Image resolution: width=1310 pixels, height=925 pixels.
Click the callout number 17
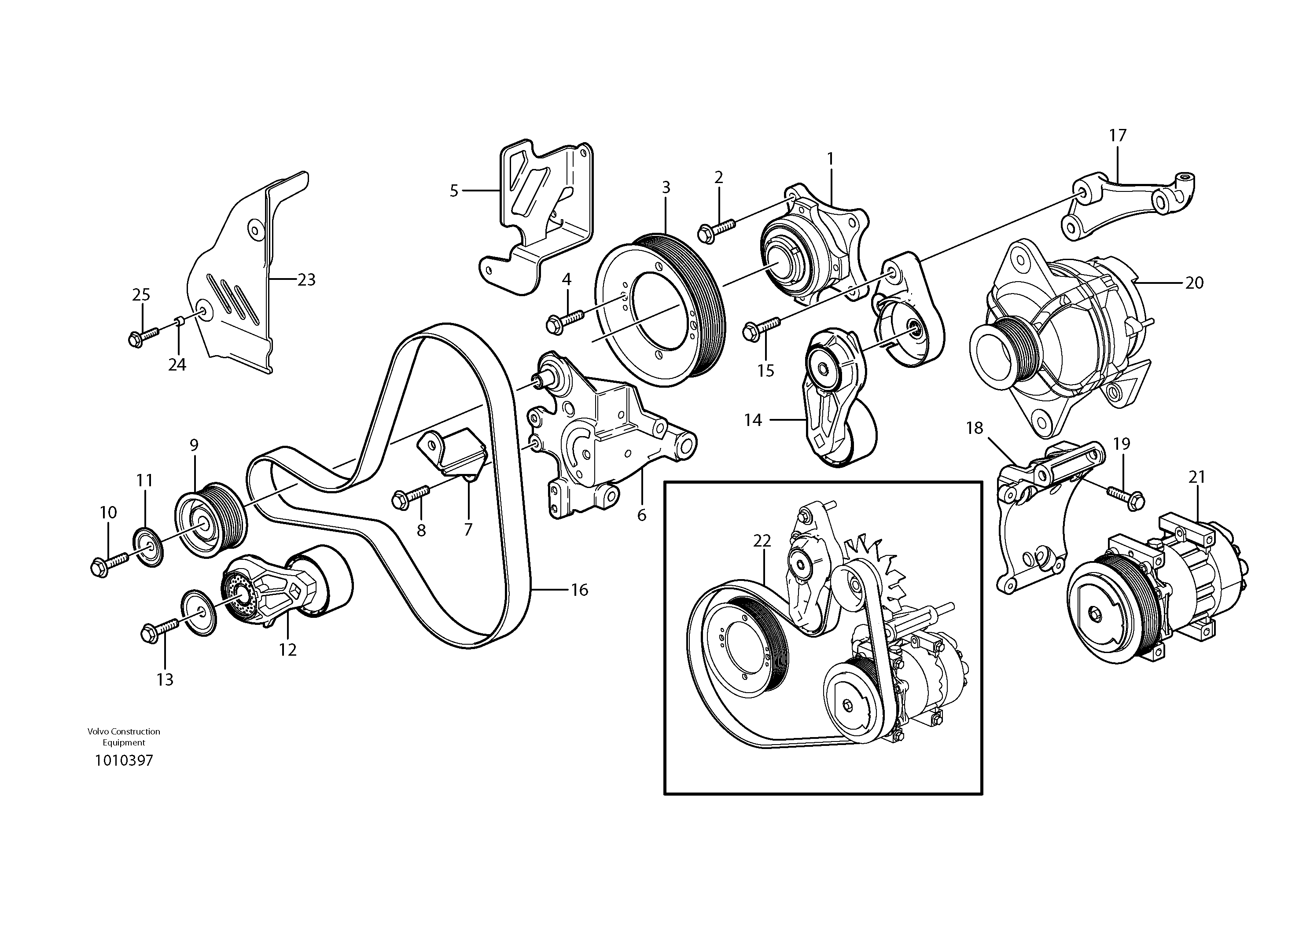[1118, 136]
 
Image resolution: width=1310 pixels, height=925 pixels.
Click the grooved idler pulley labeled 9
[210, 520]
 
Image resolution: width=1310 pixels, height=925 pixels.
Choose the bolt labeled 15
[761, 328]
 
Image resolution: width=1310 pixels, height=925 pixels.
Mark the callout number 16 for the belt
[579, 590]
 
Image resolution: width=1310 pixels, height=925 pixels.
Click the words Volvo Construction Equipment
[124, 737]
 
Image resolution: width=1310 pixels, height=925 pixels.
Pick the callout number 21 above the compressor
[1196, 477]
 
